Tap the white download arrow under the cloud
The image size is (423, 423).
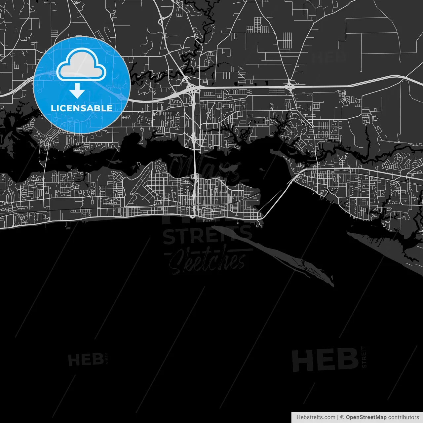pos(77,91)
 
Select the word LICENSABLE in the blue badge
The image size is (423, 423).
pos(82,108)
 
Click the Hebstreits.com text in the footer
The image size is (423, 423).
pos(316,417)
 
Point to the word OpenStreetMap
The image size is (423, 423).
pos(366,417)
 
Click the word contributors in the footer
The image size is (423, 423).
pos(404,417)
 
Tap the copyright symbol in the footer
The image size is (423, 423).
pos(342,417)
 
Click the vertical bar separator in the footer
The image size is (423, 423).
pos(338,417)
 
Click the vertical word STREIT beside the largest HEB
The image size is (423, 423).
pos(364,357)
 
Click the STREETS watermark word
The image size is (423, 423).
pos(208,236)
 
